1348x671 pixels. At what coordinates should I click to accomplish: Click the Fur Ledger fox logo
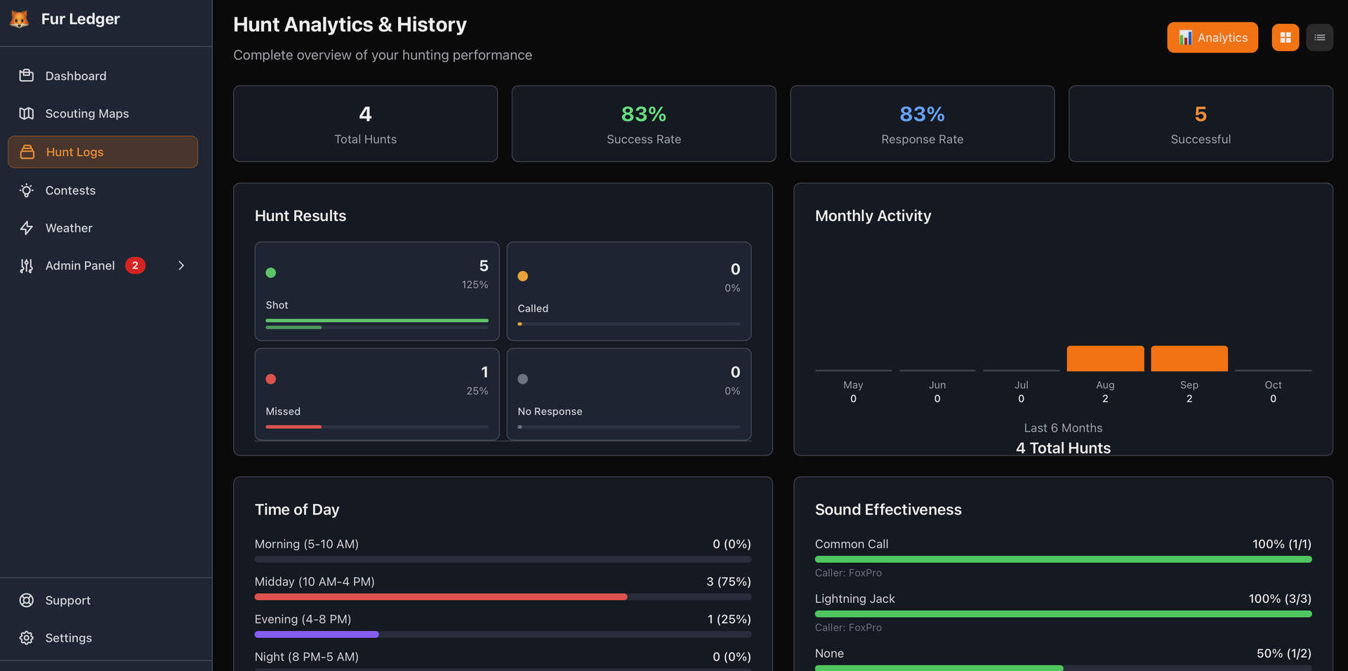[x=20, y=19]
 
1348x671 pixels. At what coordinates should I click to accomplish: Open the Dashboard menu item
[x=75, y=76]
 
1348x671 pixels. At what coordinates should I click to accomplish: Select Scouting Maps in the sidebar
[x=86, y=114]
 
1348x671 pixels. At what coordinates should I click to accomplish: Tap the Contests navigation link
[x=70, y=190]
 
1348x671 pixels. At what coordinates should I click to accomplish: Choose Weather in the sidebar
[x=69, y=228]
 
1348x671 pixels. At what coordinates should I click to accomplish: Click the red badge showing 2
[x=136, y=265]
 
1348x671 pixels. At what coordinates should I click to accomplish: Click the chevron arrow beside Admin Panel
[x=181, y=265]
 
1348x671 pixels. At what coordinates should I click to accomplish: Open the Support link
[x=67, y=600]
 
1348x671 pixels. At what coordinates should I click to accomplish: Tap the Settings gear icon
[x=27, y=638]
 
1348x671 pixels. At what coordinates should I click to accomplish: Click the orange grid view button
[x=1285, y=38]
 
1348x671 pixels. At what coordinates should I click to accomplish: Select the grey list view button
[x=1319, y=38]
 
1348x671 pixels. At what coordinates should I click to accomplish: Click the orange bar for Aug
[x=1105, y=359]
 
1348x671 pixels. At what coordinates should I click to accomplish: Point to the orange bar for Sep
[x=1189, y=359]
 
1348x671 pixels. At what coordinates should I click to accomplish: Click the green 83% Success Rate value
[x=643, y=114]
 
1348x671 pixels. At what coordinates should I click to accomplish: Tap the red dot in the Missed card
[x=271, y=379]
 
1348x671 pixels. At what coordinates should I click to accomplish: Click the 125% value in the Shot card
[x=475, y=285]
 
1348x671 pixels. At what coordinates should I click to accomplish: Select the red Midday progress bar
[x=440, y=597]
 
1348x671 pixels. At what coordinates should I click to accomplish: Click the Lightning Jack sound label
[x=854, y=599]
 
